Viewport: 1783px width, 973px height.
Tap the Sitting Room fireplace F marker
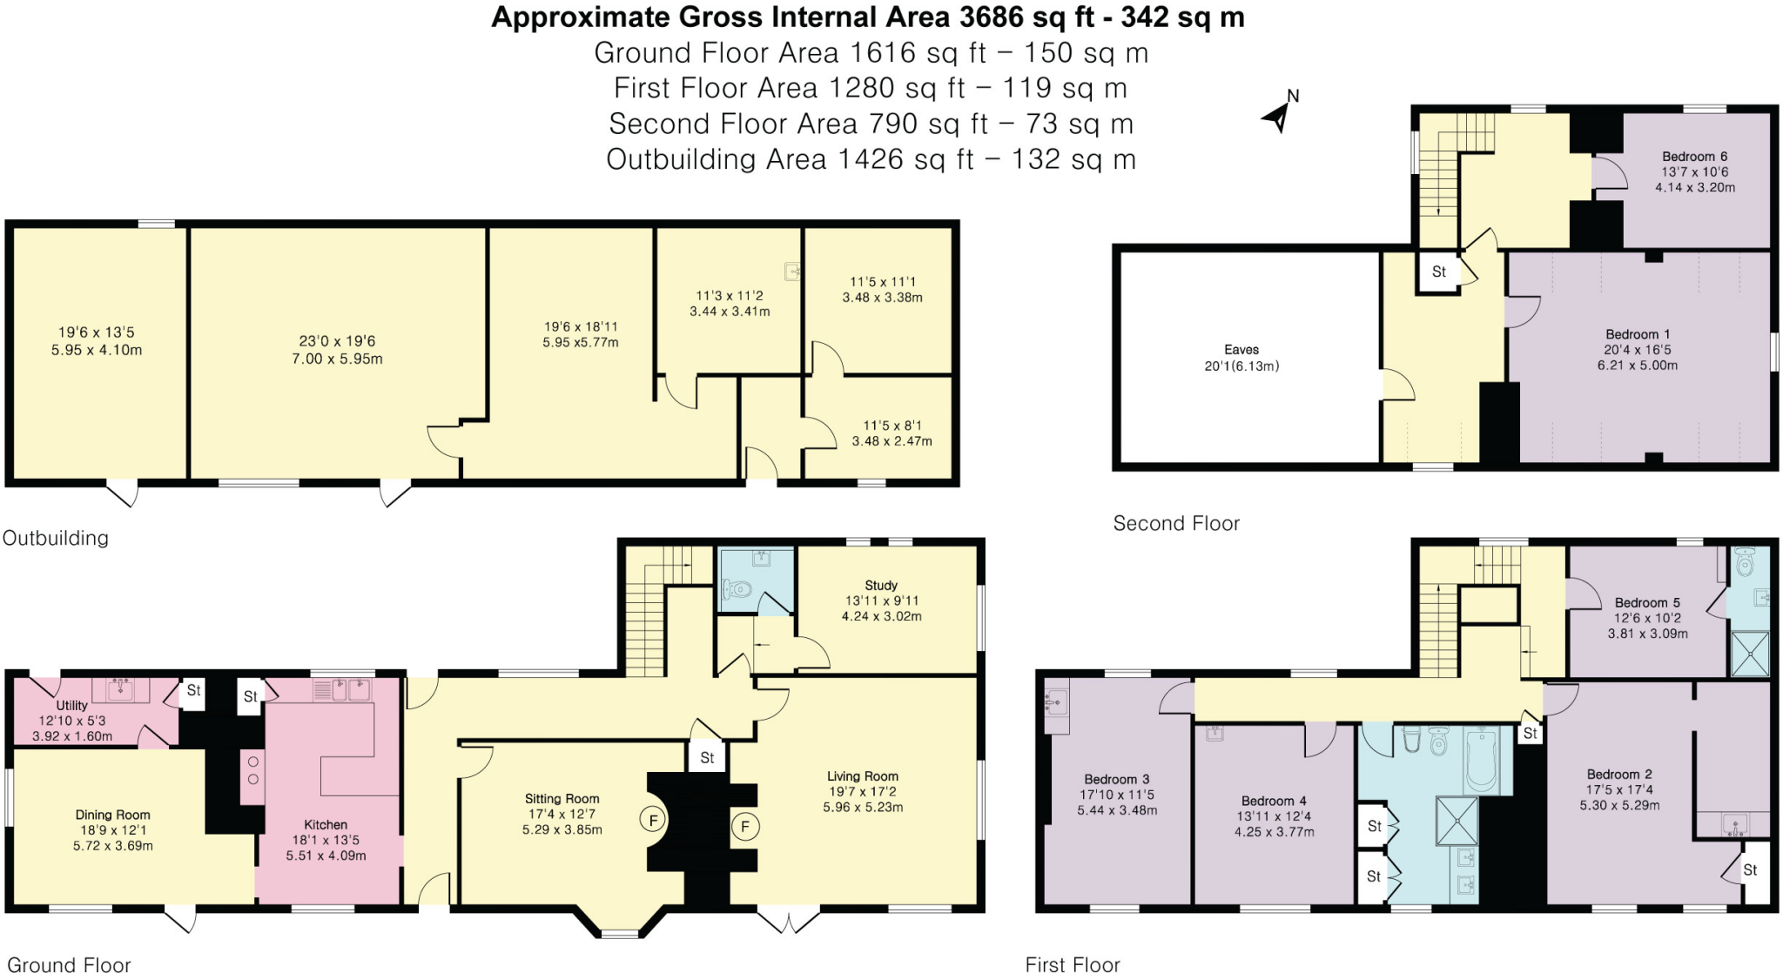[653, 820]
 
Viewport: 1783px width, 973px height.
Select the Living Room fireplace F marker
[744, 826]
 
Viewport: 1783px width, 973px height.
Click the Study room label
[881, 585]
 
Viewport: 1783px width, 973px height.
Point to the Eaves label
[1241, 349]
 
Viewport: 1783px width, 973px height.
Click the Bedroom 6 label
[1694, 157]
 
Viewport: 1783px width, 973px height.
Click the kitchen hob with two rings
[253, 770]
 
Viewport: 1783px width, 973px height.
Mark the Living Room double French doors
[789, 918]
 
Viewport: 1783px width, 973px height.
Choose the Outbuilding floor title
[56, 538]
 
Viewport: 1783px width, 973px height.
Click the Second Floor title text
[1176, 523]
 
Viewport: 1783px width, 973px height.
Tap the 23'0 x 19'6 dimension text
[337, 341]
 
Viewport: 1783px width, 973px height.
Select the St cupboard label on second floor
[1438, 272]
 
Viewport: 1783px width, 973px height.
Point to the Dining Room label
[112, 815]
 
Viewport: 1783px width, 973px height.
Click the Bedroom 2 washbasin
[1733, 823]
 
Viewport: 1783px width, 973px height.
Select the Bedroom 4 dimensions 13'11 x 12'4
[1274, 816]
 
